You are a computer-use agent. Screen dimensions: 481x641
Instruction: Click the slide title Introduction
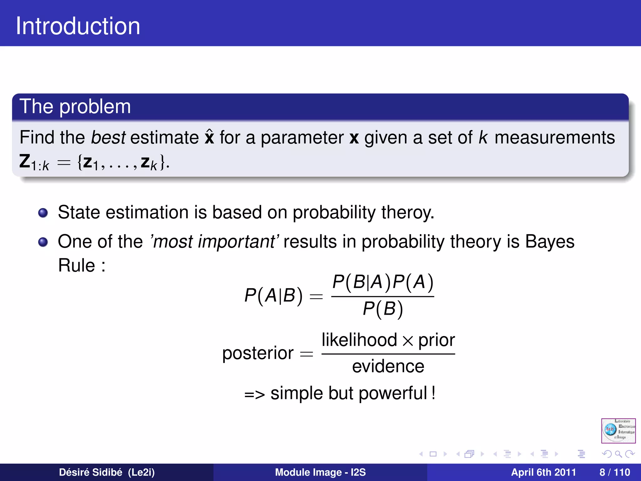click(78, 26)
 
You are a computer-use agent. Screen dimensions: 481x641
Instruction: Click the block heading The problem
click(75, 106)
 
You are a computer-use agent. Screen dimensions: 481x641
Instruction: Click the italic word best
click(108, 137)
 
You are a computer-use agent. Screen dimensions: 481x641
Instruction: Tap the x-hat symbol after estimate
click(209, 137)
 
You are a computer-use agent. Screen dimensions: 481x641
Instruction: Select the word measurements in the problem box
click(555, 137)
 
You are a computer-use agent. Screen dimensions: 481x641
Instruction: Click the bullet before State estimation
click(43, 213)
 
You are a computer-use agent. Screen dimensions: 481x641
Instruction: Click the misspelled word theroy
click(408, 213)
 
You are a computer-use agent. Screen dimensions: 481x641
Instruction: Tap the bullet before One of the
click(43, 242)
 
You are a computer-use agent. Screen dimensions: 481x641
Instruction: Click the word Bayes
click(550, 242)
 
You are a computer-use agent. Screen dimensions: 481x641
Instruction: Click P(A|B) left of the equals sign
click(274, 295)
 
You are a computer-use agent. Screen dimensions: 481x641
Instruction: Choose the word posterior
click(258, 353)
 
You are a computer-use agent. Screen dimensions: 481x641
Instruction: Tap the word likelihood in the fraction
click(359, 340)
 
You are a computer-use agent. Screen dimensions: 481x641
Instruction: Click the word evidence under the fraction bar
click(388, 366)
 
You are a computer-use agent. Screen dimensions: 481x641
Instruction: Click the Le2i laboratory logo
click(618, 431)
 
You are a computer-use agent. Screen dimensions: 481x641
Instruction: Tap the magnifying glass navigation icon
click(618, 454)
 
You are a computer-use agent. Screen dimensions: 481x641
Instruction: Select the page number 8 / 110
click(614, 472)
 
